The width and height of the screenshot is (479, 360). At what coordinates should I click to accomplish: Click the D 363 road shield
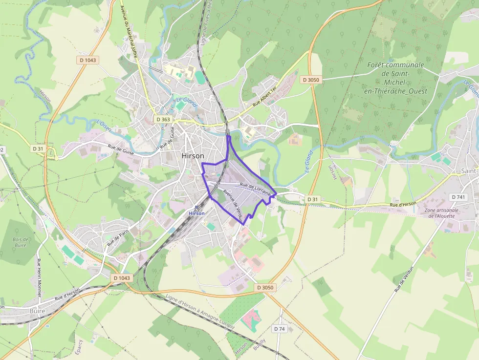point(163,119)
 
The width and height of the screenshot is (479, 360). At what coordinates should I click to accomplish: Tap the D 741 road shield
point(458,197)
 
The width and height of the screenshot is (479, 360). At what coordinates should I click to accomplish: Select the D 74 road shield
point(279,329)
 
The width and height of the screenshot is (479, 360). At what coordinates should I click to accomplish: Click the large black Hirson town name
point(193,156)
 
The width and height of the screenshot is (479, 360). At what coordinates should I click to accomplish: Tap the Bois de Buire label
point(21,243)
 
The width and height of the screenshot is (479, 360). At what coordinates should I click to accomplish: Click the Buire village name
point(37,311)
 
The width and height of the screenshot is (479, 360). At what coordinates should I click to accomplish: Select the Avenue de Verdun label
point(233,203)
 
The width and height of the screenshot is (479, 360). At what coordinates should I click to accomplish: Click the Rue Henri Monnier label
point(39,277)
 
